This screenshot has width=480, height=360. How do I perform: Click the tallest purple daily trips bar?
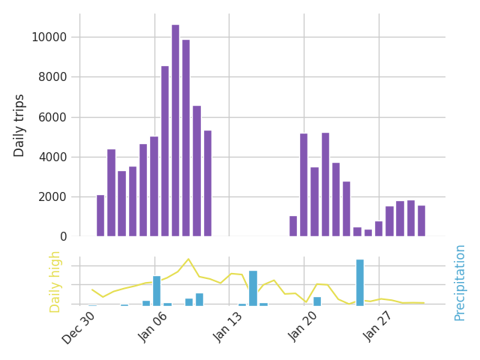point(175,130)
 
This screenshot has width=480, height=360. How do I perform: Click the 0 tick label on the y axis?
point(63,237)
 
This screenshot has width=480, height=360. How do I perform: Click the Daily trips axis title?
point(20,125)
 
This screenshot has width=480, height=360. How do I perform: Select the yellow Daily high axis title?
point(55,281)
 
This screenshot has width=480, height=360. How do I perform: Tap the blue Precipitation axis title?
point(460,282)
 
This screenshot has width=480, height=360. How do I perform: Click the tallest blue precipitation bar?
point(360,282)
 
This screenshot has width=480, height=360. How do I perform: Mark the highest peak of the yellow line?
point(188,259)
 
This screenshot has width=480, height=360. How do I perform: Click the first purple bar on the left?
point(100,216)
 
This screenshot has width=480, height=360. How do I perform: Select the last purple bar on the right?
point(421,221)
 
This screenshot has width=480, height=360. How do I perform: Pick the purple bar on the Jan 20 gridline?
point(304,185)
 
